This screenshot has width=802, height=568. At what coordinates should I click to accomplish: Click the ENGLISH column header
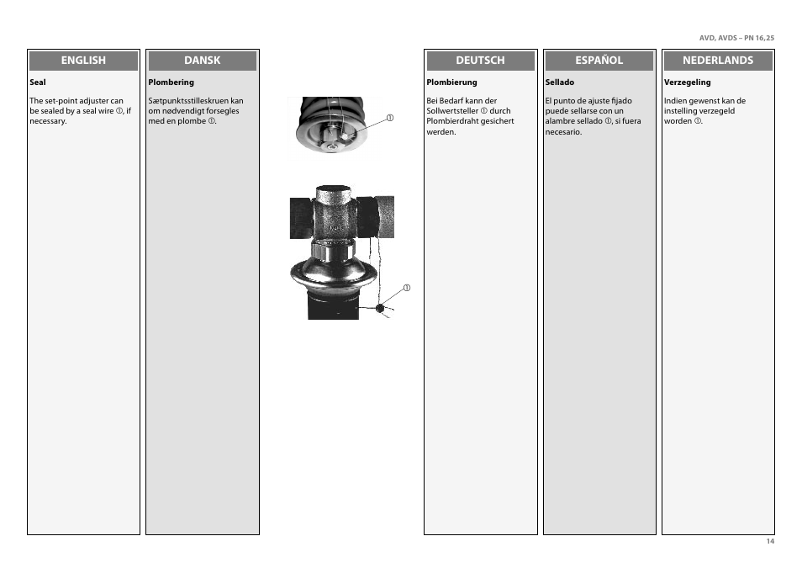83,61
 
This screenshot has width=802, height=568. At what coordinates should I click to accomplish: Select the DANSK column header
202,61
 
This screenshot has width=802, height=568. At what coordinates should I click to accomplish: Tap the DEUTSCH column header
480,61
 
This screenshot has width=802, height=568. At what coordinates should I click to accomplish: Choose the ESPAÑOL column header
599,61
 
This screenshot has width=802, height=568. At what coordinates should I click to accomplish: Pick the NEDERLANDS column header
717,61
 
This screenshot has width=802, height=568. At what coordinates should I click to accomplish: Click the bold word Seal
37,82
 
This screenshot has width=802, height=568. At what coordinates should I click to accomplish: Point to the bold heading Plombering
171,82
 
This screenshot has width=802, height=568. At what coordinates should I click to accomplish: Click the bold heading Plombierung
451,82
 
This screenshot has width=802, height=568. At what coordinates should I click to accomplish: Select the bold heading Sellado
559,82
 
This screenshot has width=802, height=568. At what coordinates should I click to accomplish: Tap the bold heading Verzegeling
687,82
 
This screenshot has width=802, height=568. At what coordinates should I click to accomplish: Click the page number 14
769,541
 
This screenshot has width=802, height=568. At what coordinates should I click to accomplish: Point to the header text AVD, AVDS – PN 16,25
736,38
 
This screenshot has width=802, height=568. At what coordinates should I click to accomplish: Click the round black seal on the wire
379,308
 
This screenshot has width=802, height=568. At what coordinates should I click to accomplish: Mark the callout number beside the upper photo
390,117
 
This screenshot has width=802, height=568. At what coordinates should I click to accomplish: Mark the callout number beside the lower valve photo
406,289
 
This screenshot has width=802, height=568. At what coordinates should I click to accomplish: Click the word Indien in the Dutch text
676,101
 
